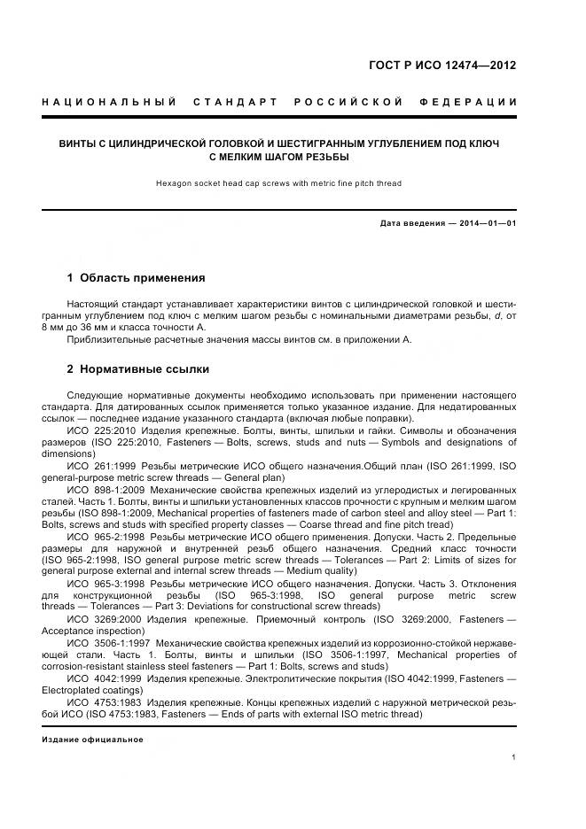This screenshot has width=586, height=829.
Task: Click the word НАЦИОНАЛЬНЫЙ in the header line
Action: tap(109, 103)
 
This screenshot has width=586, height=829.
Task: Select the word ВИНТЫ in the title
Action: tap(78, 142)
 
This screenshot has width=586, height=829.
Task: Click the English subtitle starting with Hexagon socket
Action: tap(278, 183)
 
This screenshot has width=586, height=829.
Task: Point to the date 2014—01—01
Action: tap(487, 223)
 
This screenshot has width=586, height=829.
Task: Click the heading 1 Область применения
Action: tap(136, 278)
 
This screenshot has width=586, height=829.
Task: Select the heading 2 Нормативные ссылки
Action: tap(138, 368)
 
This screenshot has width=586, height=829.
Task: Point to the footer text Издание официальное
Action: tap(92, 739)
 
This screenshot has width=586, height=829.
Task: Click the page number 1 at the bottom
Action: tap(514, 757)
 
